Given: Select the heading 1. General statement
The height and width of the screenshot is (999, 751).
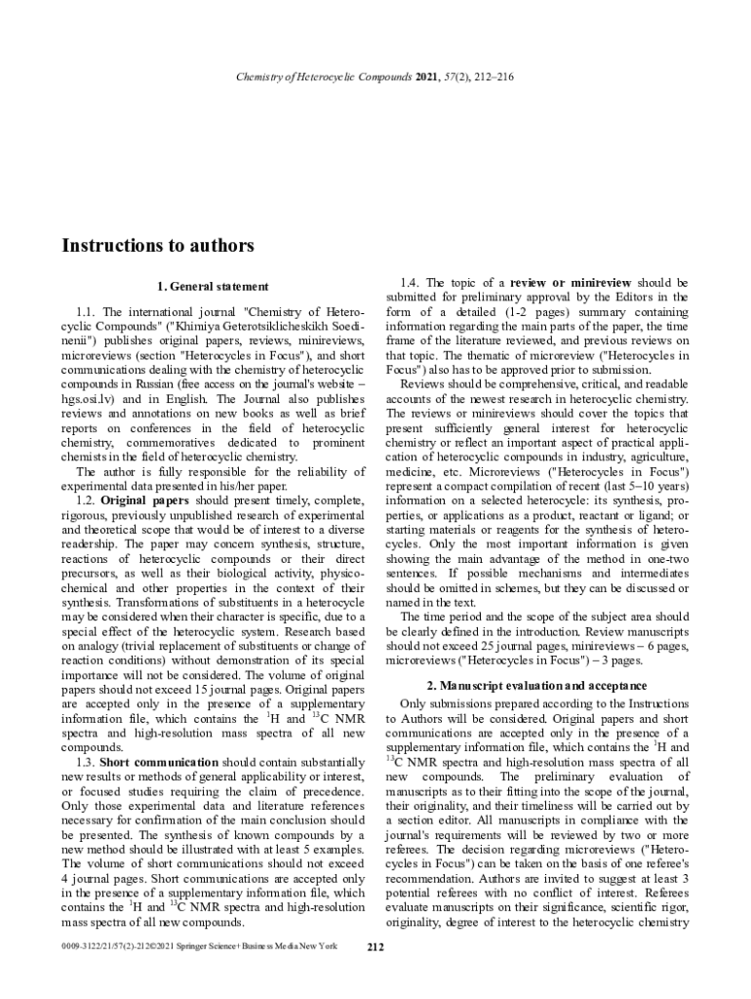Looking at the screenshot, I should pyautogui.click(x=212, y=287).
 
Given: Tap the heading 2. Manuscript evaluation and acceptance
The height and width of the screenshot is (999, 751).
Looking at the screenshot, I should pyautogui.click(x=544, y=686).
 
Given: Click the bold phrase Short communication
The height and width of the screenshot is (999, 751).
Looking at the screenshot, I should pyautogui.click(x=159, y=762).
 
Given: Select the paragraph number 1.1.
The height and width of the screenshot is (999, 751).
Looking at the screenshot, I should pyautogui.click(x=86, y=311).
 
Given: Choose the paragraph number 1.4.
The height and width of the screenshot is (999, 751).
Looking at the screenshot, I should pyautogui.click(x=412, y=283).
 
